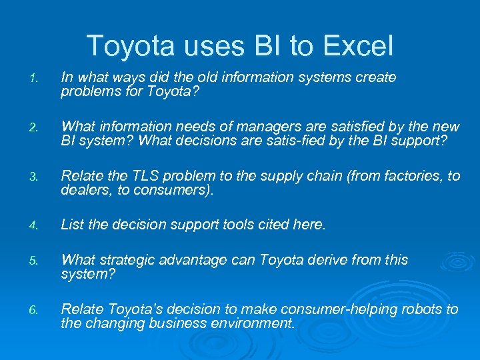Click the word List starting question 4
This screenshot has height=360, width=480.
72,225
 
